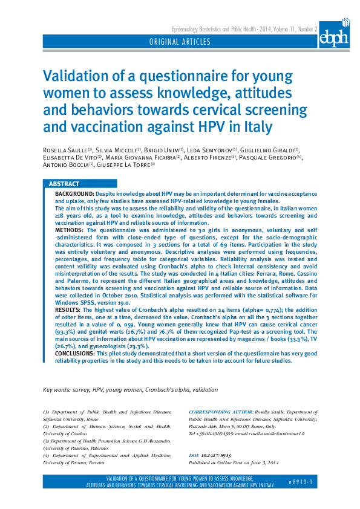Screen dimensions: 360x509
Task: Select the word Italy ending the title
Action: pos(255,128)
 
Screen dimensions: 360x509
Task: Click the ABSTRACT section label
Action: pos(64,184)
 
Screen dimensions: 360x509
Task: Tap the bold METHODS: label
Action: pos(70,230)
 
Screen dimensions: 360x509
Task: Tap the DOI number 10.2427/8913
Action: pos(216,455)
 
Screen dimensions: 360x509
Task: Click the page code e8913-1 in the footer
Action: pos(301,482)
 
